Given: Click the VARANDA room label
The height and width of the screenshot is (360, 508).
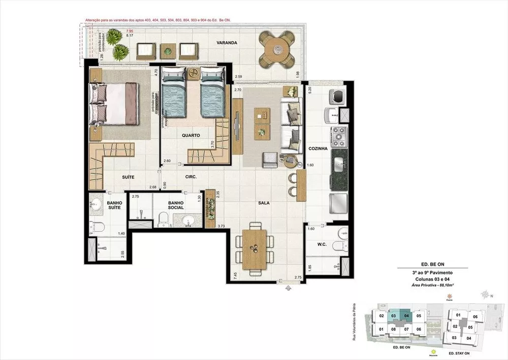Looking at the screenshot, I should (x=227, y=43).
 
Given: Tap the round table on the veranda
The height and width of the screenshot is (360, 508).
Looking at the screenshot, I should (x=277, y=49).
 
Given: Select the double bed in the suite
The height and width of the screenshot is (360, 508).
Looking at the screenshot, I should (x=114, y=103).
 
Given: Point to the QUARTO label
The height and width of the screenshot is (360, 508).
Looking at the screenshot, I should (x=192, y=135).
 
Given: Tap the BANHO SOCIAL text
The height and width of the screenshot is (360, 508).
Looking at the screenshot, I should (x=176, y=205).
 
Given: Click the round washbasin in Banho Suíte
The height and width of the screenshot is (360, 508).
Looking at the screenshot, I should (x=98, y=205).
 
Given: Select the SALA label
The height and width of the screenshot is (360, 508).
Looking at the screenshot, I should (x=263, y=203).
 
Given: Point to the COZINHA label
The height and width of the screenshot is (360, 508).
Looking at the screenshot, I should (x=318, y=148).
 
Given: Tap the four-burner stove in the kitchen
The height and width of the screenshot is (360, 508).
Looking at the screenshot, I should (x=339, y=135).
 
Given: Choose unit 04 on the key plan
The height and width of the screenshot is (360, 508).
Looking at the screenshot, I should (x=407, y=316).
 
